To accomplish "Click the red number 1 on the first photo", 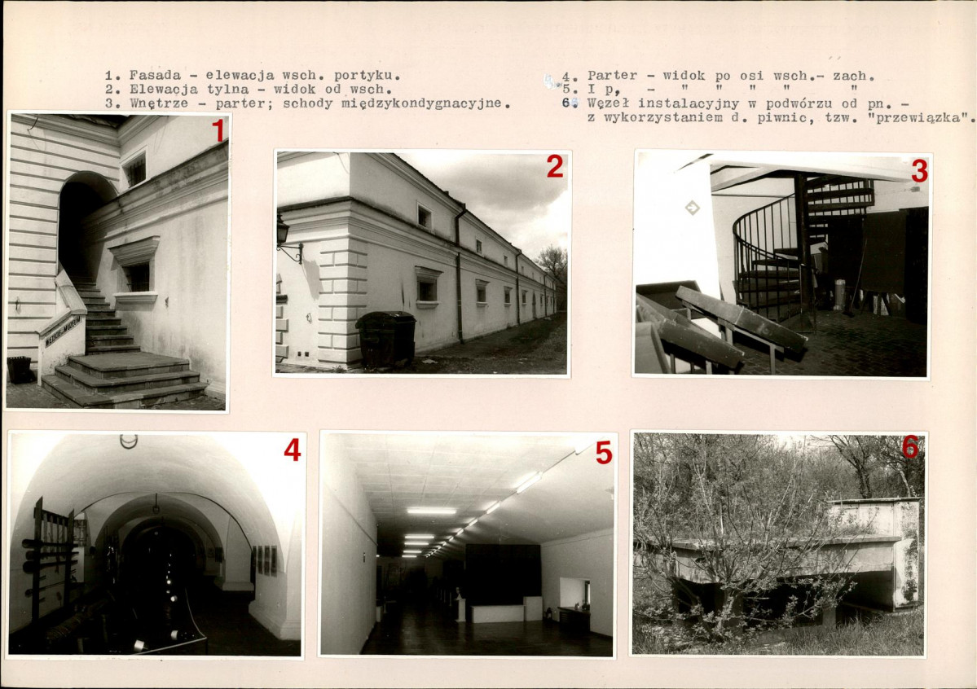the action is [x=218, y=131].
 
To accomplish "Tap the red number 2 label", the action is [x=555, y=166].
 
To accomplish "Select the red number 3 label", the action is [x=919, y=171].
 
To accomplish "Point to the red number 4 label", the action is [x=293, y=450].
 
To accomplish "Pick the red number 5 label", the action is [x=603, y=453].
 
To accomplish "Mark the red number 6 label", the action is [x=909, y=446].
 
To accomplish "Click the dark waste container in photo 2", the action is [x=385, y=338].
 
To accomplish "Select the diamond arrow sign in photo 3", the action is [x=692, y=208].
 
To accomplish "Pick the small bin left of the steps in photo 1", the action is [x=20, y=370].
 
